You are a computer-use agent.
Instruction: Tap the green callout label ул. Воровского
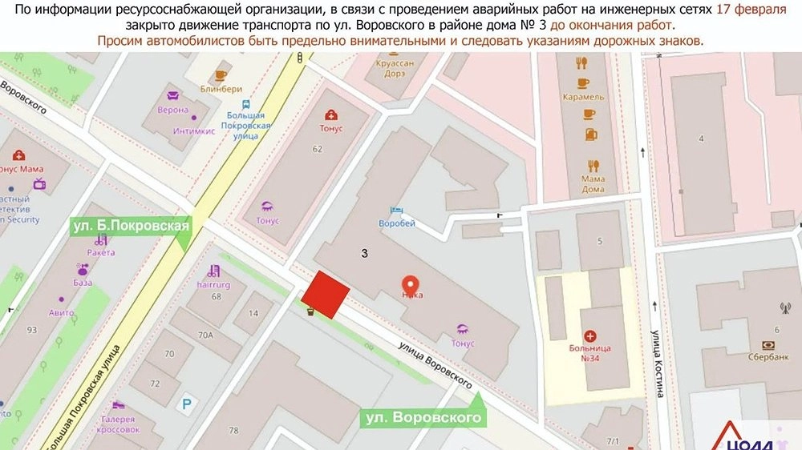click(423, 417)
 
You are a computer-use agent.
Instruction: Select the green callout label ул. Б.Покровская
click(131, 225)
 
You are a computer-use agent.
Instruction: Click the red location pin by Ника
click(411, 283)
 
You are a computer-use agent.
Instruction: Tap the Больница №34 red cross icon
click(591, 337)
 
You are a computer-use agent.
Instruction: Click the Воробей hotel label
click(397, 225)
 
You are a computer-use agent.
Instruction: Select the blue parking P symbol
click(187, 406)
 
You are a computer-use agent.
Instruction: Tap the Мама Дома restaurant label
click(593, 183)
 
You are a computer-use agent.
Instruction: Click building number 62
click(318, 149)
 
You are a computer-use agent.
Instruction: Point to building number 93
click(32, 329)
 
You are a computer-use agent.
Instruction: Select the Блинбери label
click(215, 89)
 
